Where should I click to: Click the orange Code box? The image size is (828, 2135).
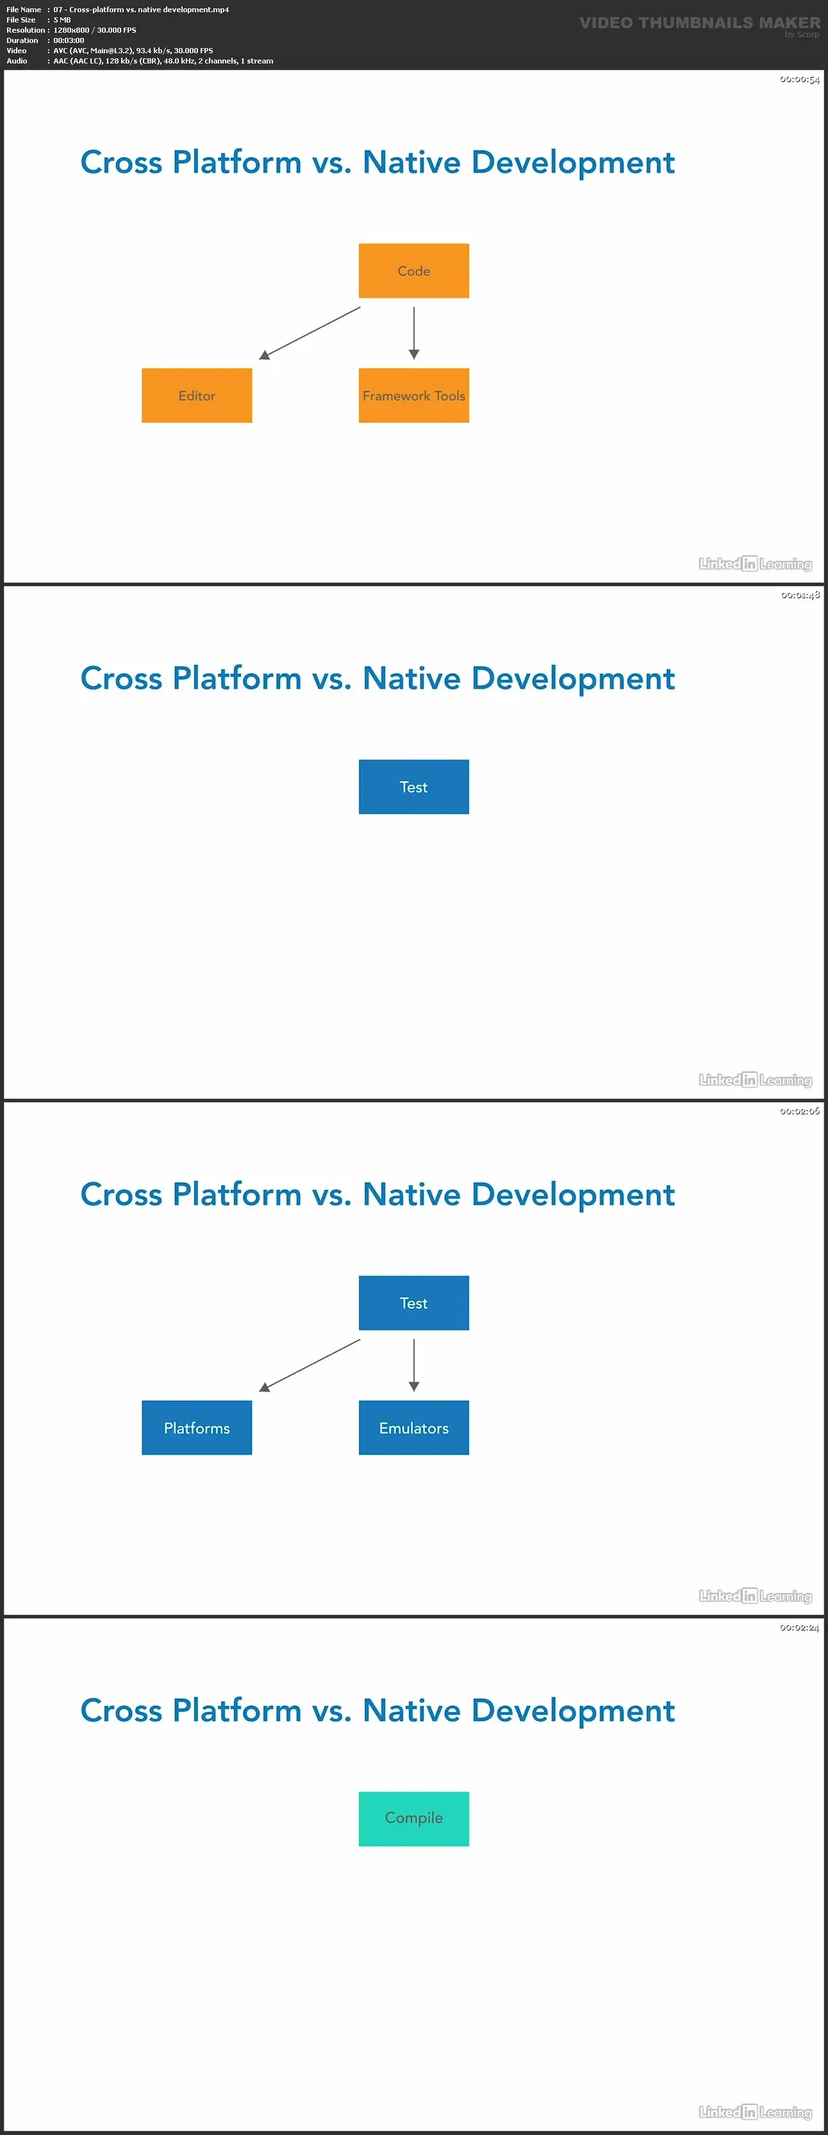coord(413,271)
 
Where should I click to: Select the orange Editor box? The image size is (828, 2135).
coord(197,396)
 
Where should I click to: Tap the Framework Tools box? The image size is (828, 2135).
coord(413,396)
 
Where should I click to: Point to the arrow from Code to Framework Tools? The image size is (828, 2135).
coord(413,332)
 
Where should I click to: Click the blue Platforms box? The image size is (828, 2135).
coord(197,1427)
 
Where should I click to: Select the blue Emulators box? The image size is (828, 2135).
coord(413,1427)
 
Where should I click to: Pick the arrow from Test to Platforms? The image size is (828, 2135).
coord(310,1365)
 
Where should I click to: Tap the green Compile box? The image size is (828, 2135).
coord(413,1818)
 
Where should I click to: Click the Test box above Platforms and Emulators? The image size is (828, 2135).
coord(413,1303)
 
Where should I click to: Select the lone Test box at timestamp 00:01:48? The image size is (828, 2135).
coord(413,787)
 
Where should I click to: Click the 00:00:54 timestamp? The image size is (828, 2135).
coord(799,80)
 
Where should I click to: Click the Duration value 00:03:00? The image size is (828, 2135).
coord(69,40)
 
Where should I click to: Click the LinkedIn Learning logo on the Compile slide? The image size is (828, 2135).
coord(755,2112)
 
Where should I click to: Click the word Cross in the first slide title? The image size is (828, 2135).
coord(121,162)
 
